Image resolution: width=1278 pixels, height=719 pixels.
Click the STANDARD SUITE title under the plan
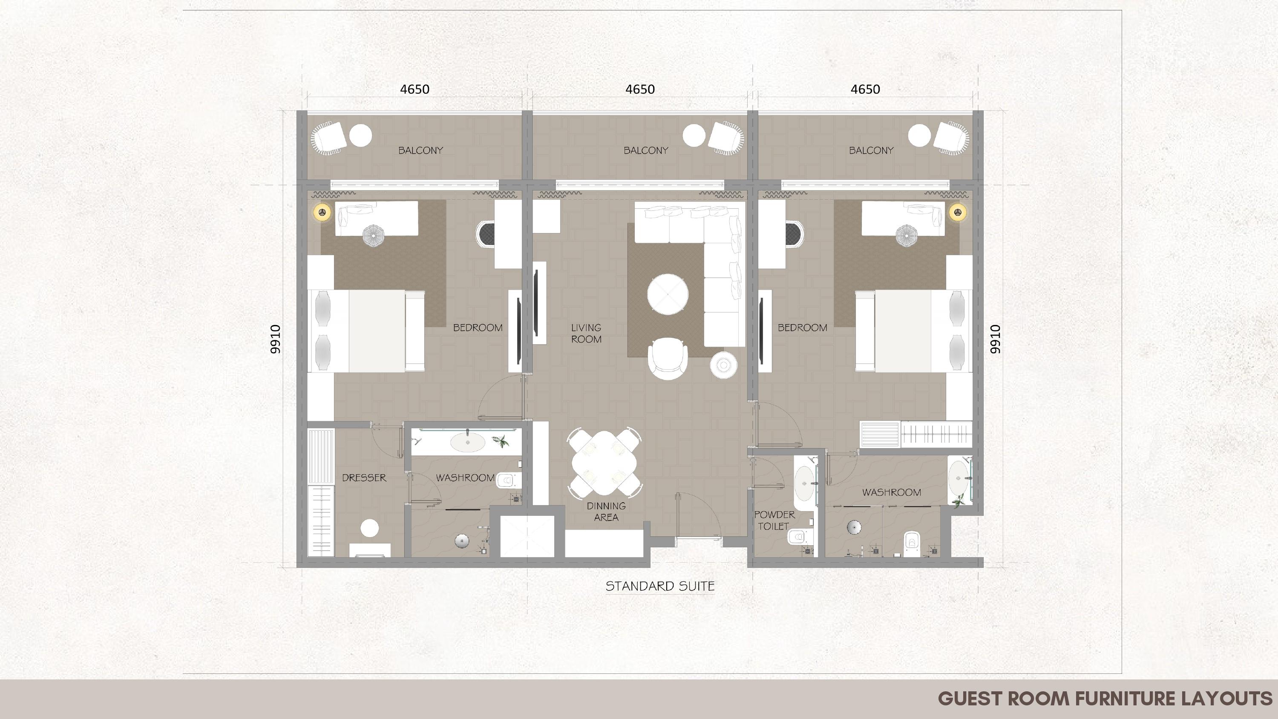pyautogui.click(x=660, y=587)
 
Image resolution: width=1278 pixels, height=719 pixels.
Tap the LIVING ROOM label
pyautogui.click(x=586, y=334)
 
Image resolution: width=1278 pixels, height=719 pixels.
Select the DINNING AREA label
pyautogui.click(x=606, y=512)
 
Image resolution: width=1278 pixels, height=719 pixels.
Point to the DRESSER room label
pyautogui.click(x=364, y=478)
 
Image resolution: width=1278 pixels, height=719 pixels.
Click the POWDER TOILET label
pyautogui.click(x=774, y=521)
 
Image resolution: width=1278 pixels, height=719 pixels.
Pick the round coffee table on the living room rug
pyautogui.click(x=668, y=294)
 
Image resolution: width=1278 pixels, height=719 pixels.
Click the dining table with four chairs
pyautogui.click(x=604, y=463)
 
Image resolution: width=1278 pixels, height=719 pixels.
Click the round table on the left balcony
pyautogui.click(x=361, y=135)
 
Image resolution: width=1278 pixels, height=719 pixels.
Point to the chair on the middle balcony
pyautogui.click(x=726, y=138)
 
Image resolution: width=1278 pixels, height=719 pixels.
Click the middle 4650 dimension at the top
pyautogui.click(x=640, y=89)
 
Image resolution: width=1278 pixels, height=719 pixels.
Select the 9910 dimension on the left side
pyautogui.click(x=275, y=339)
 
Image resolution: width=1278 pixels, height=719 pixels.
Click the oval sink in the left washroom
pyautogui.click(x=467, y=442)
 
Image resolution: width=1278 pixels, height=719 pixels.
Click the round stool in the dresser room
pyautogui.click(x=370, y=528)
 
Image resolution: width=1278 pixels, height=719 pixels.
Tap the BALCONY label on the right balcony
pyautogui.click(x=871, y=150)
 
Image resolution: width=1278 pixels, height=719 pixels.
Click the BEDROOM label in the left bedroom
pyautogui.click(x=478, y=328)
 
